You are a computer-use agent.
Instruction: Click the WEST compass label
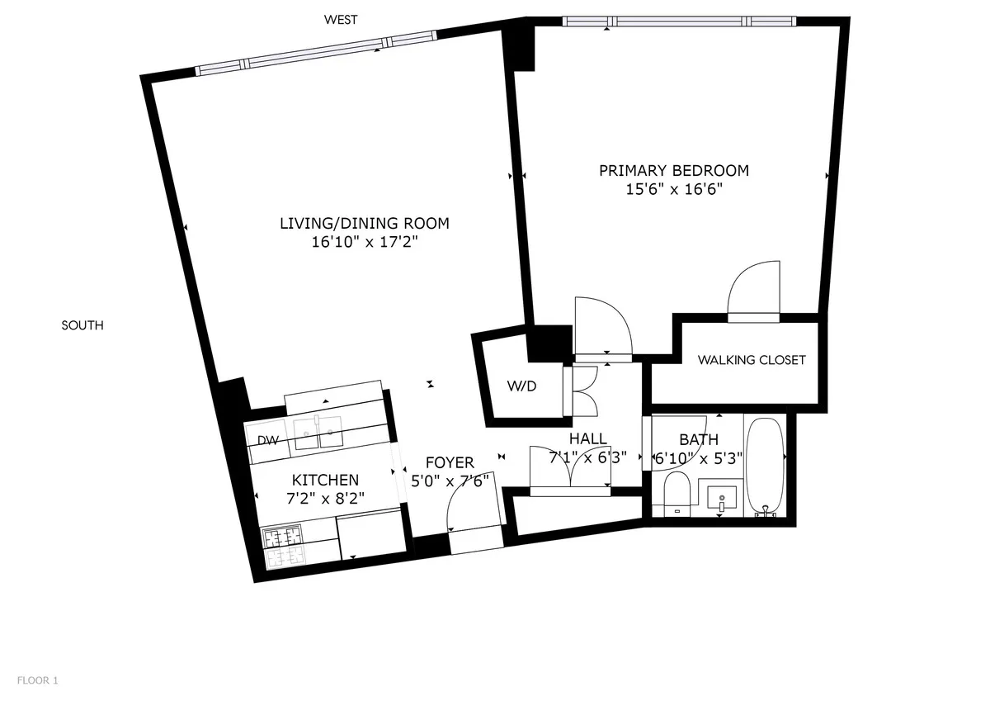[x=341, y=20]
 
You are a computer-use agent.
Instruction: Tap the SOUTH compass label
[x=82, y=325]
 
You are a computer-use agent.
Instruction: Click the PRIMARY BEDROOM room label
[x=673, y=171]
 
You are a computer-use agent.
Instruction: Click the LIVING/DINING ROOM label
[x=364, y=223]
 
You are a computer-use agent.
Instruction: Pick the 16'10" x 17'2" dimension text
[x=364, y=242]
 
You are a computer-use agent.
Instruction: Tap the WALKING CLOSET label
[x=751, y=360]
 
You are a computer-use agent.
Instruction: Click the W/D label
[x=522, y=386]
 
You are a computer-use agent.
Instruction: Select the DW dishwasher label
[x=267, y=440]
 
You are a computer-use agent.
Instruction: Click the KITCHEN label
[x=325, y=480]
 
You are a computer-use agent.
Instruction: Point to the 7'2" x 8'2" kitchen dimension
[x=325, y=498]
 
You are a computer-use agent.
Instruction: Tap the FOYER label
[x=450, y=462]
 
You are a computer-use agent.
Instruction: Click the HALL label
[x=587, y=438]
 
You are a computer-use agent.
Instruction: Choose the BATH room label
[x=698, y=439]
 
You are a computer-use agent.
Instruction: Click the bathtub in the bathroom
[x=766, y=467]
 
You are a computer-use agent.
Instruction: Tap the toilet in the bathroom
[x=678, y=493]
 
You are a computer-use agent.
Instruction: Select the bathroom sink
[x=721, y=498]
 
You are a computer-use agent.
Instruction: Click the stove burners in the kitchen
[x=283, y=547]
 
